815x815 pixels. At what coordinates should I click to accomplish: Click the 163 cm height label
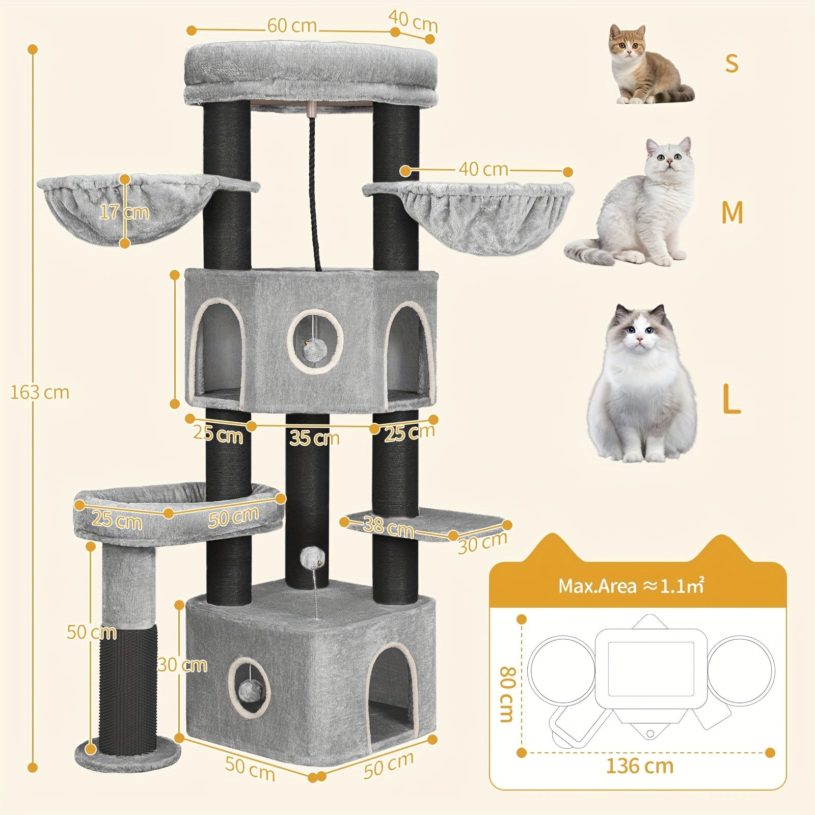tap(40, 392)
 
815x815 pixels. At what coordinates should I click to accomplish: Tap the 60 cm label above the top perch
tap(292, 25)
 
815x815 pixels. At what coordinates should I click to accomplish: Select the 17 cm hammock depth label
tap(124, 211)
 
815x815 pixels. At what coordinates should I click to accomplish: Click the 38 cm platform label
tap(389, 527)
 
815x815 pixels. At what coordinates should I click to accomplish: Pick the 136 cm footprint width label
tap(639, 766)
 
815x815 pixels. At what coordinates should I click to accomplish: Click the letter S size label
tap(731, 63)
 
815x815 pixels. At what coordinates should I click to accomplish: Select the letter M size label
tap(732, 212)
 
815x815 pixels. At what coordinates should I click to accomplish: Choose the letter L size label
tap(731, 401)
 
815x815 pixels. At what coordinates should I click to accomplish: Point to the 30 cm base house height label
tap(182, 665)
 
